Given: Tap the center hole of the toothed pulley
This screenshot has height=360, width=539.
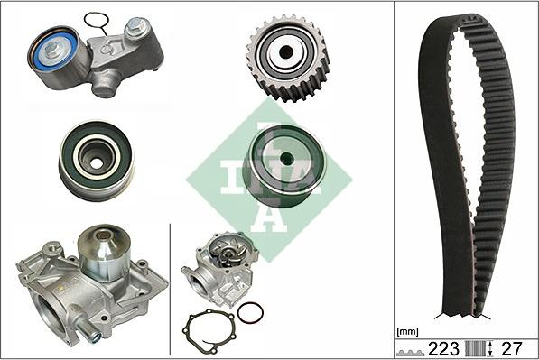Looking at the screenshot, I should coord(286,52).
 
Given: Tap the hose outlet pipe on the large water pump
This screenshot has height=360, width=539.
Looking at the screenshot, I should coord(90,335).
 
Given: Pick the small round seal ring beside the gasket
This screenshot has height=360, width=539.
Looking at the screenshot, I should coord(250,313).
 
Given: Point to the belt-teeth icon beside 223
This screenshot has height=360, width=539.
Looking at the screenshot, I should coord(413,349).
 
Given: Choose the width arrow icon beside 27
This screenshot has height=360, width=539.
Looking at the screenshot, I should coord(490,348).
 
